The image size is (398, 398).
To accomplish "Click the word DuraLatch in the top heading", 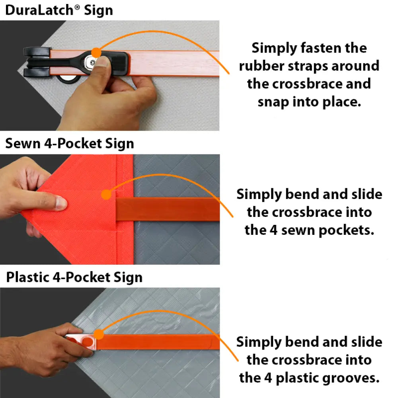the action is tap(39, 10).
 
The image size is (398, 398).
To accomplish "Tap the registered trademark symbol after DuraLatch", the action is tap(77, 7).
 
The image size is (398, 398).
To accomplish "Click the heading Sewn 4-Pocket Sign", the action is tap(70, 144).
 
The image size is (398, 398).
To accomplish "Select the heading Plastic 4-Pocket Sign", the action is tap(74, 277).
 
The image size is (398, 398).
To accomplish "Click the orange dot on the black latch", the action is tap(96, 53).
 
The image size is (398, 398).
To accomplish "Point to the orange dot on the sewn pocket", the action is tap(106, 195).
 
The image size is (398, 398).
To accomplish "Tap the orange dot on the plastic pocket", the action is tap(99, 334).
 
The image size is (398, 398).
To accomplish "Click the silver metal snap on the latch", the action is tap(90, 61).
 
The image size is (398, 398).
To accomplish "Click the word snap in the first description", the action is tap(273, 102).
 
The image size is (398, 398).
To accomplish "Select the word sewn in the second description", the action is tap(298, 230).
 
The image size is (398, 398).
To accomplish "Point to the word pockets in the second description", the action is tap(347, 230).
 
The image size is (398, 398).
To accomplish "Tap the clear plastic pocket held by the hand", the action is tap(81, 342).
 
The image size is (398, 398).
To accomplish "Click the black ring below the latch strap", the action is tap(68, 80).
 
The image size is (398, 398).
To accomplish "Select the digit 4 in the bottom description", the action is tap(268, 378).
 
